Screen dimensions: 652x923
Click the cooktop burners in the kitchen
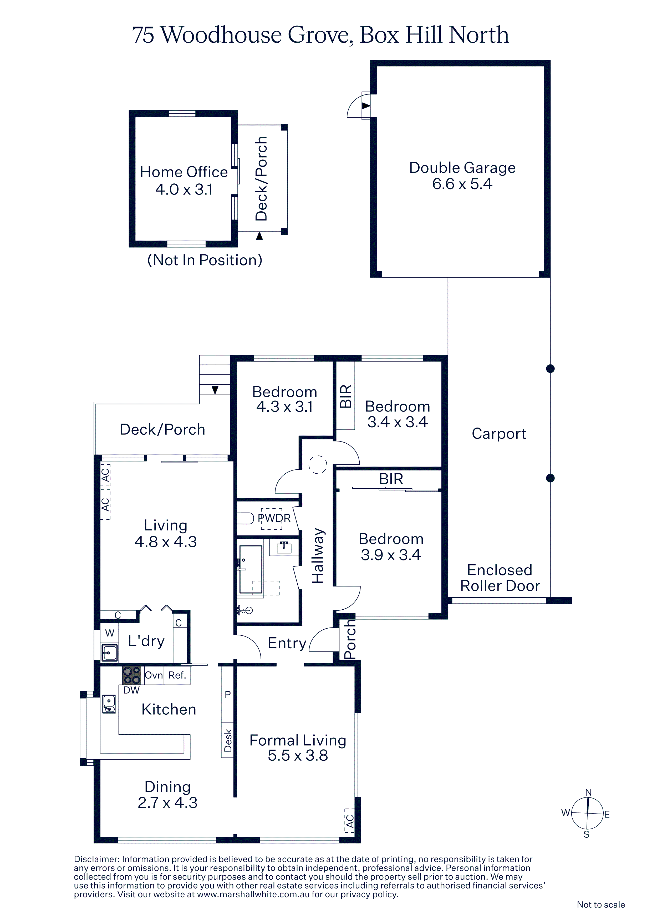click(132, 675)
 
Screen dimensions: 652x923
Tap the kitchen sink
click(109, 704)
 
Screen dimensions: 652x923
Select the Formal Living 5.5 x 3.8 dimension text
click(298, 756)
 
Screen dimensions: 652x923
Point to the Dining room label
click(167, 787)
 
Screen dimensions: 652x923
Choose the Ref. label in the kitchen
click(177, 675)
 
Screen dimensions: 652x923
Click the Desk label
click(228, 740)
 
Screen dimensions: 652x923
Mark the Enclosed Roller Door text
click(500, 578)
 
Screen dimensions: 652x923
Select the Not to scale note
click(600, 905)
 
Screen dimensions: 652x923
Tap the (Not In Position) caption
click(205, 260)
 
